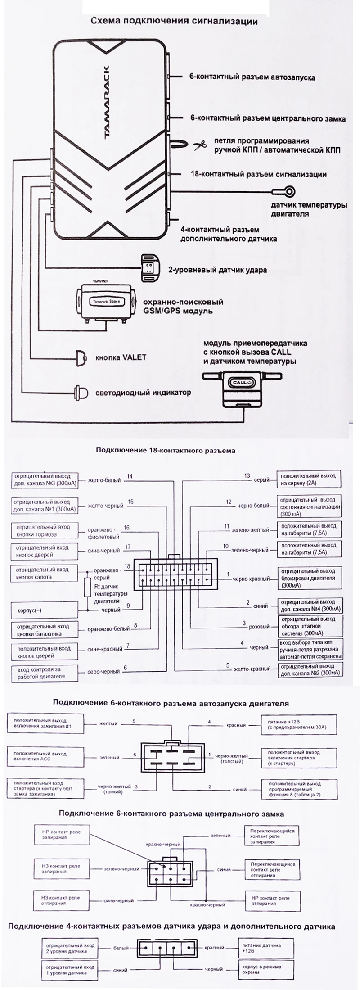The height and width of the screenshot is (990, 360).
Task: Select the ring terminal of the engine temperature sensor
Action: (290, 192)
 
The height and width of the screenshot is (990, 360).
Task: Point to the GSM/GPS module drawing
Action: (106, 301)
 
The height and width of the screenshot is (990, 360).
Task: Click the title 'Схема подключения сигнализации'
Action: (174, 21)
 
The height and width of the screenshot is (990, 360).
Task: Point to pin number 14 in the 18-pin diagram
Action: (130, 476)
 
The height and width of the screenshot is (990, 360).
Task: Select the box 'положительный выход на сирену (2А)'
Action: (308, 479)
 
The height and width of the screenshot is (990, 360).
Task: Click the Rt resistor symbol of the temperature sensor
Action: (89, 586)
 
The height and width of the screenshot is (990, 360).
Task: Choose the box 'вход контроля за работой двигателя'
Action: (44, 673)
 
